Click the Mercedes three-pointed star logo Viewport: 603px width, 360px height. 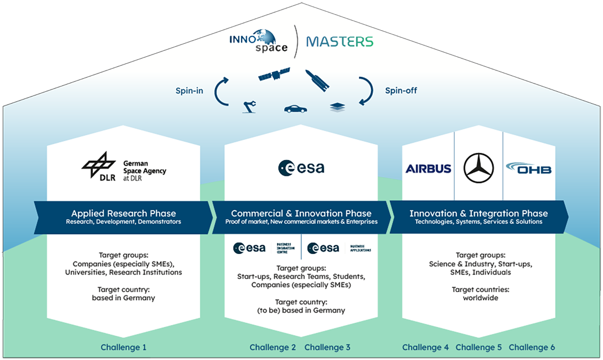478,168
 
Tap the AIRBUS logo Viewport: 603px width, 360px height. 428,168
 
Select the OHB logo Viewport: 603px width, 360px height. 529,168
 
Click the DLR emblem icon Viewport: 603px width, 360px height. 98,165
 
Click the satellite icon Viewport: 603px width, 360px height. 274,75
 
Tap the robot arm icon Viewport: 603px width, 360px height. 250,106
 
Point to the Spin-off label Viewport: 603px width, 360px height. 401,91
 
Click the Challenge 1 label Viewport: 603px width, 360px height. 124,347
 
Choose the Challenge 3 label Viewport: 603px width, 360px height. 327,347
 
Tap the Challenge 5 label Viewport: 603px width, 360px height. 478,347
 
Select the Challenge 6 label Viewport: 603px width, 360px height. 532,347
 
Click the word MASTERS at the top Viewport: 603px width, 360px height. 340,41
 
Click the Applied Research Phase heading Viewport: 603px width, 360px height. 124,213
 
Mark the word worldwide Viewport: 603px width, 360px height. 480,298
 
